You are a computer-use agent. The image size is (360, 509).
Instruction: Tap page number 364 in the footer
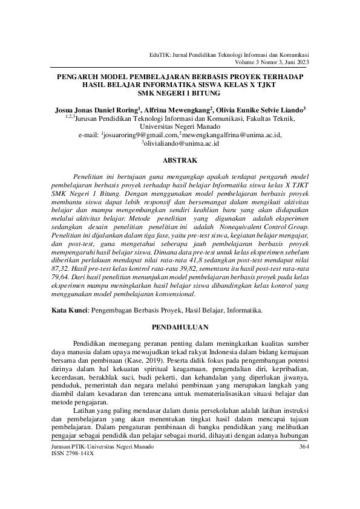304,447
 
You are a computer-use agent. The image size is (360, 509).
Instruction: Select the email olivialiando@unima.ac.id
181,144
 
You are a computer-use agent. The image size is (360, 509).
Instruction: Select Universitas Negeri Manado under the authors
180,127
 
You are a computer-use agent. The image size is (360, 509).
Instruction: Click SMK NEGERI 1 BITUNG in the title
180,94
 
